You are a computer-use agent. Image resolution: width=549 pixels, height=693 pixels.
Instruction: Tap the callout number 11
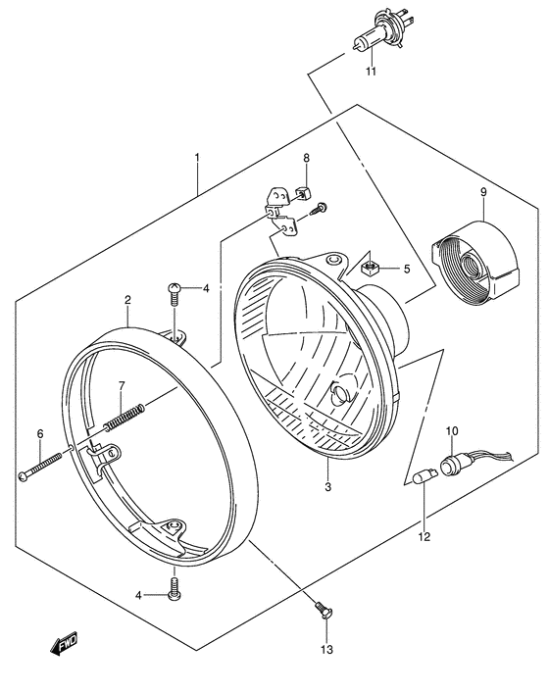[x=372, y=73]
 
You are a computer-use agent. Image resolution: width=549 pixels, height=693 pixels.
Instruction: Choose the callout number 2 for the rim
[x=127, y=300]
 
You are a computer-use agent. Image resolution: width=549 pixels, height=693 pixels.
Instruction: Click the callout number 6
[x=40, y=433]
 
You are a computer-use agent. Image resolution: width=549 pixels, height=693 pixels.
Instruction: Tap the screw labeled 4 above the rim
[x=173, y=288]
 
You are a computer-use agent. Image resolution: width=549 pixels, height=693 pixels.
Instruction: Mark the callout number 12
[x=424, y=536]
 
